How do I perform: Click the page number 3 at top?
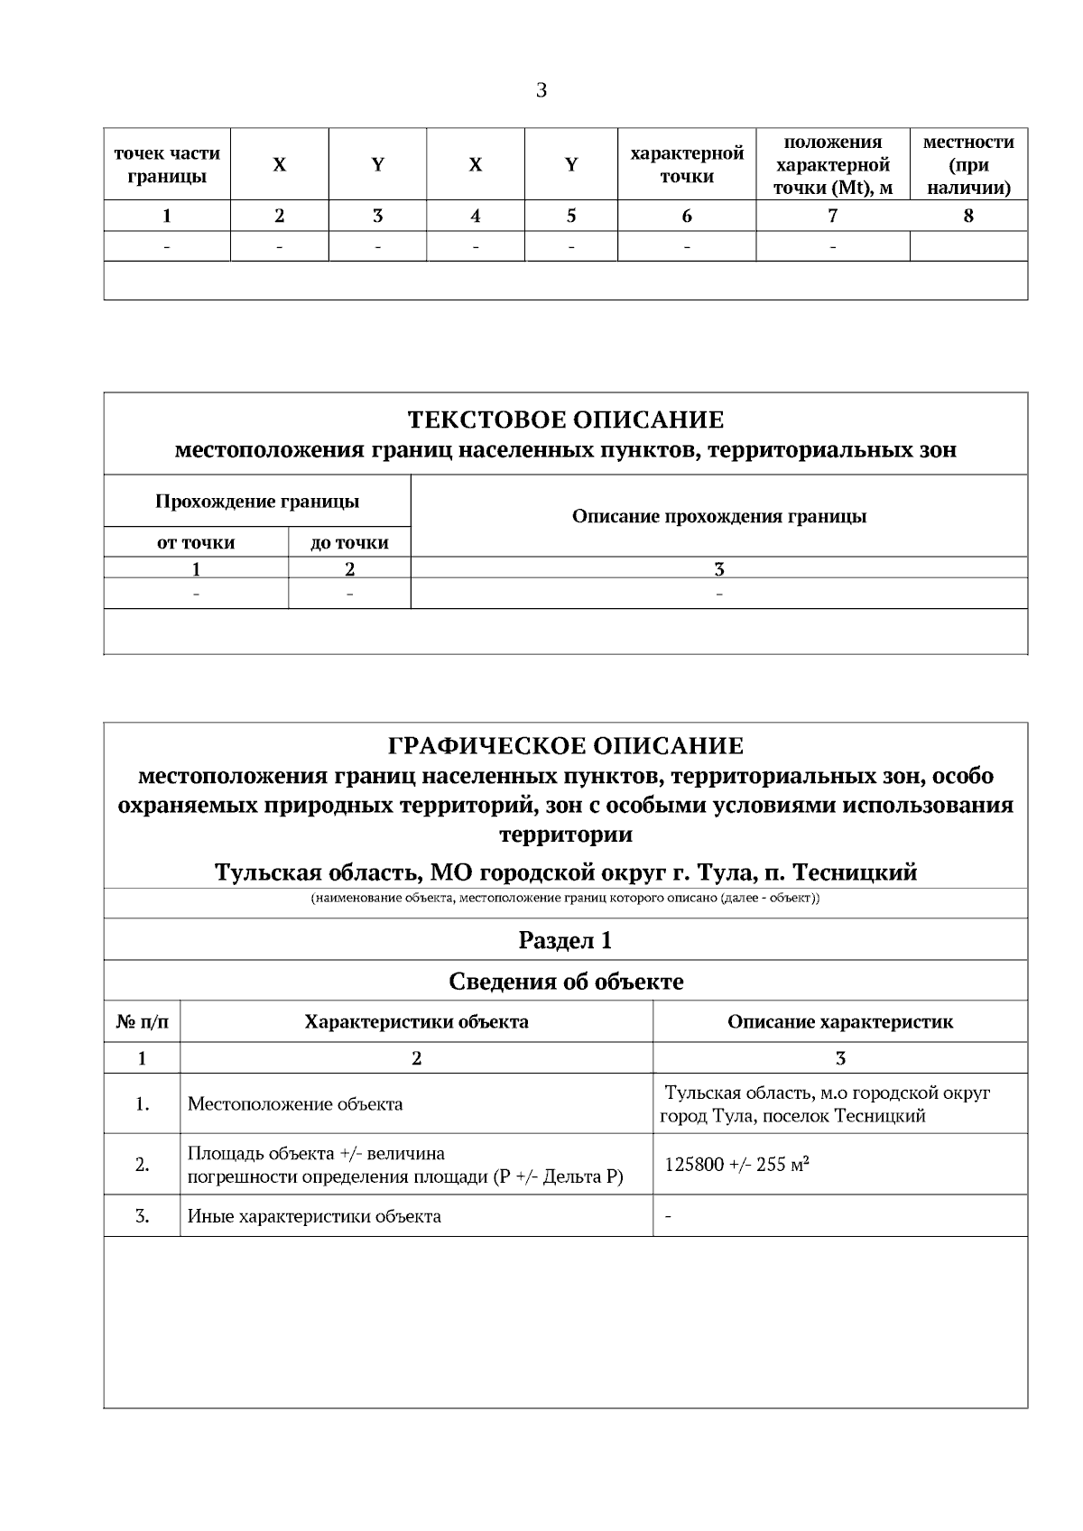click(541, 90)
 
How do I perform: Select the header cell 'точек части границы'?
click(166, 164)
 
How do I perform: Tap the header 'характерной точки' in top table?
click(687, 164)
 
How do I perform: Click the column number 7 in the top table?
click(832, 216)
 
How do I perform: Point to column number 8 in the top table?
click(968, 216)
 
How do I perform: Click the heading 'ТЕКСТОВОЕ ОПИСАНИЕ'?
click(565, 420)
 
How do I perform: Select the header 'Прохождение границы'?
click(256, 501)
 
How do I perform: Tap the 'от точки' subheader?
click(196, 542)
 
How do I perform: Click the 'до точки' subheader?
click(349, 542)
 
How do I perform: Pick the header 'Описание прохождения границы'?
click(719, 516)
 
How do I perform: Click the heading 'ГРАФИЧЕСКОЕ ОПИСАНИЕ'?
click(565, 746)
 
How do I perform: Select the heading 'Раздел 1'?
click(565, 940)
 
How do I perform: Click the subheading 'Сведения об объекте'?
click(565, 982)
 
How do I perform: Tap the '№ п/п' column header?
click(142, 1022)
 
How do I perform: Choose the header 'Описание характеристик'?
click(839, 1022)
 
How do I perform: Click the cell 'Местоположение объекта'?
click(295, 1104)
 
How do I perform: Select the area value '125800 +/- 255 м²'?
click(736, 1165)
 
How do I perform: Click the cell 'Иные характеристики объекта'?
click(314, 1216)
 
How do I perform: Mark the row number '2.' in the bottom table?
click(142, 1165)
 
